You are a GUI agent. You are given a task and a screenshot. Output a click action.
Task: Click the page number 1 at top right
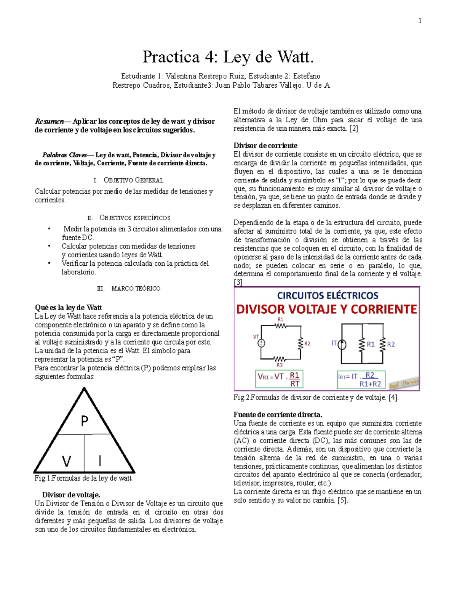[x=420, y=21]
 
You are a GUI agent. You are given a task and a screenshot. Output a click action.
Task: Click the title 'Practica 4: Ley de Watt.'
[x=228, y=57]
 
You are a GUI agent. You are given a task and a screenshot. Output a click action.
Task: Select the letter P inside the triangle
[x=85, y=421]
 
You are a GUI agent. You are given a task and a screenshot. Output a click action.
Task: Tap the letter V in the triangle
[x=67, y=461]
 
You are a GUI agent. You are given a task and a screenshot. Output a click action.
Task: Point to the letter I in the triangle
[x=100, y=461]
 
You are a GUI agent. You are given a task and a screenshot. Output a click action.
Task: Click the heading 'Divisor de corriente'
[x=265, y=146]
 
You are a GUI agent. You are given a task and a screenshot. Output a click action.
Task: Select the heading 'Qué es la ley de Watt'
[x=69, y=308]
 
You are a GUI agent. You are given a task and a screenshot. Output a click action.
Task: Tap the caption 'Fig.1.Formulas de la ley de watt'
[x=83, y=478]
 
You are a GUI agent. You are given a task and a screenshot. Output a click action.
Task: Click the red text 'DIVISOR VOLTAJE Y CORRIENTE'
[x=327, y=309]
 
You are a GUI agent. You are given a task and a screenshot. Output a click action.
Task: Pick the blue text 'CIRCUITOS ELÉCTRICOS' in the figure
[x=328, y=295]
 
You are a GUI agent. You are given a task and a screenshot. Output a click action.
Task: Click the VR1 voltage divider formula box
[x=279, y=379]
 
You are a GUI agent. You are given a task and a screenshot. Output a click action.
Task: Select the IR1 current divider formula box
[x=361, y=380]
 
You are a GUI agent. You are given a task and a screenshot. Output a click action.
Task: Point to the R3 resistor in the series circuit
[x=280, y=359]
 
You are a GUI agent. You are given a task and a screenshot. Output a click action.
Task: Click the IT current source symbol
[x=342, y=344]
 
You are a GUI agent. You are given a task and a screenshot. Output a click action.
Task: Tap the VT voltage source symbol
[x=261, y=343]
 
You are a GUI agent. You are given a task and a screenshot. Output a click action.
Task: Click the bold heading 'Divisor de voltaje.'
[x=71, y=495]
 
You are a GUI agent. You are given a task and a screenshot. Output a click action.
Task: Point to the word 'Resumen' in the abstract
[x=49, y=122]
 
